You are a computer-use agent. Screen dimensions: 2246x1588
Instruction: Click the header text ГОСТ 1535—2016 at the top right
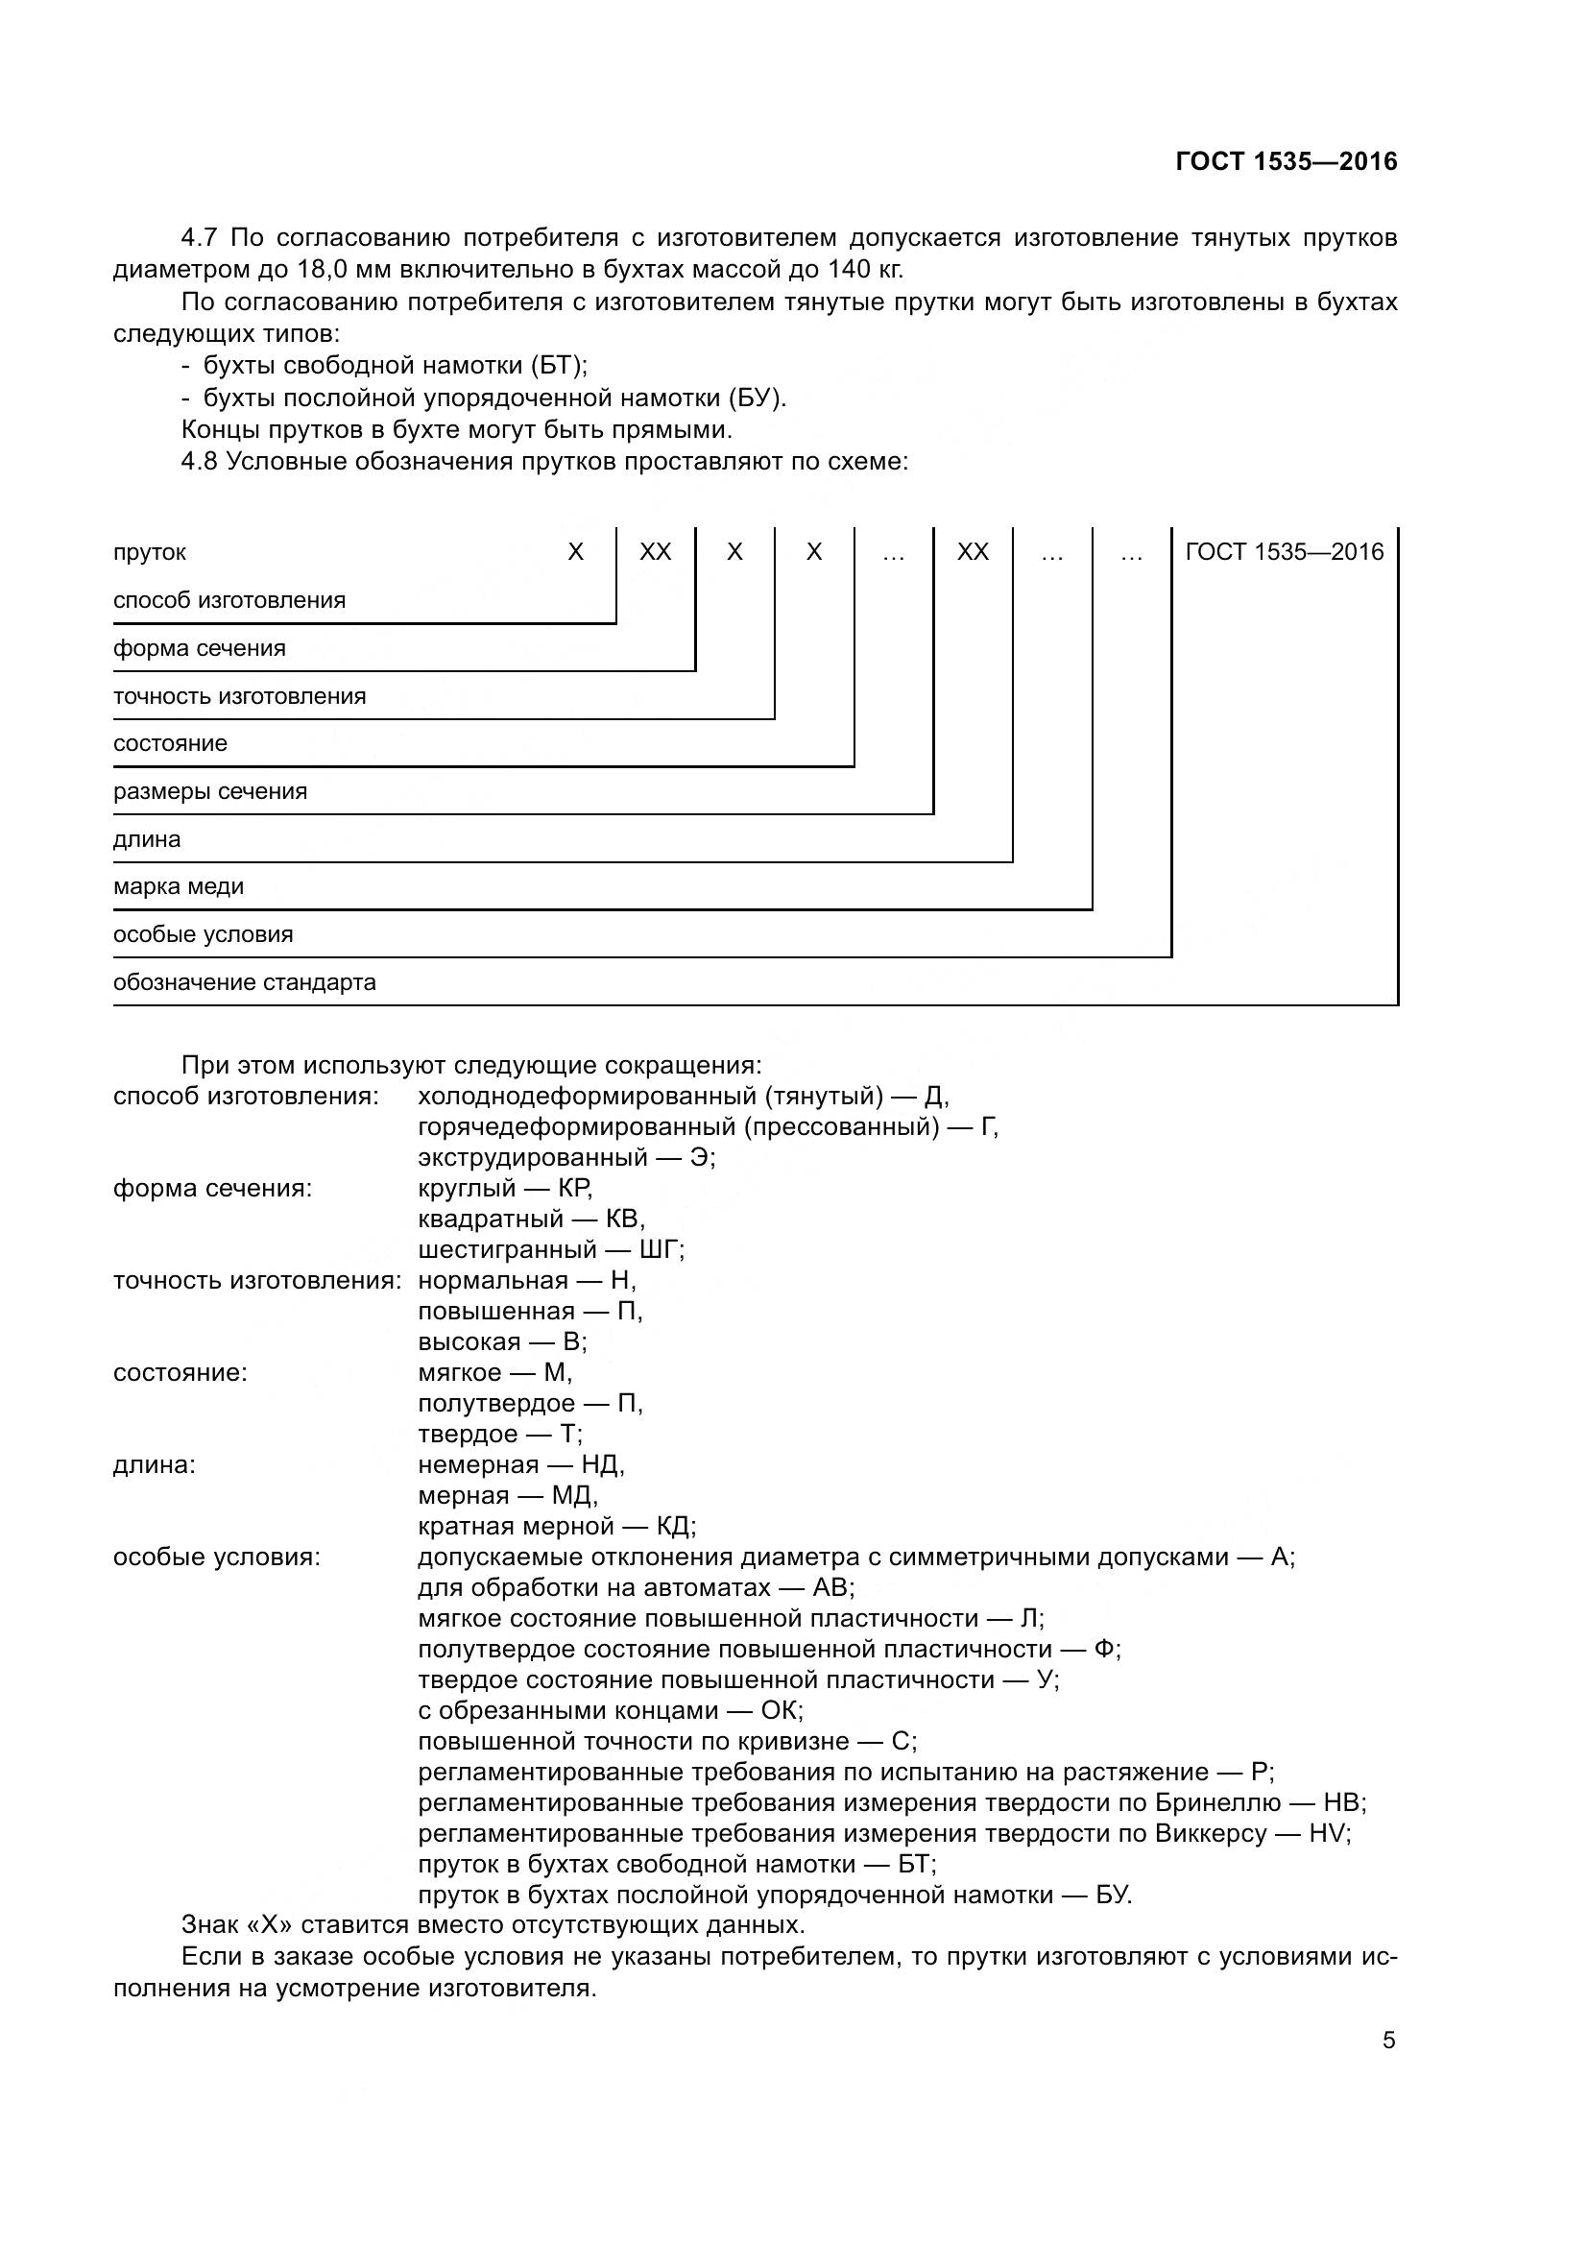1286,161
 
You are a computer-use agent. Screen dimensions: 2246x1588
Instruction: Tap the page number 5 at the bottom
1388,2041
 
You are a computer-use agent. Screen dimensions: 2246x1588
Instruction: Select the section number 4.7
202,238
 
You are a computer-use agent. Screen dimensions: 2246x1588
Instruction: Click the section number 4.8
202,462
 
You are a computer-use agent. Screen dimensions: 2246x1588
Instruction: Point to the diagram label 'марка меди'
179,887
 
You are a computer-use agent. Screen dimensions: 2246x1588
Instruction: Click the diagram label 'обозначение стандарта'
245,982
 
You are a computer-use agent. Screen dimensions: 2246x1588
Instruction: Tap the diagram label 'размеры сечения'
210,791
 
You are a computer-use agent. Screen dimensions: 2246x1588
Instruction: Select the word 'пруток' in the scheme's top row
150,553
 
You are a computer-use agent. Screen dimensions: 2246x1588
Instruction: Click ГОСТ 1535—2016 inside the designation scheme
1284,553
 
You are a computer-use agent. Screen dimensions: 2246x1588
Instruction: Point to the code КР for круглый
574,1189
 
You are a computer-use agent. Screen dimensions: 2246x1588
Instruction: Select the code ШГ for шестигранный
660,1250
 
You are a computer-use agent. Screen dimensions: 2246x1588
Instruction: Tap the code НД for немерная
601,1464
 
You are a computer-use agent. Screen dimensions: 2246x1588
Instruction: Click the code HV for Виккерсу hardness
1327,1833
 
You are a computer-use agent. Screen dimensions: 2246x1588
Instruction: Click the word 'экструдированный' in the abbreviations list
533,1158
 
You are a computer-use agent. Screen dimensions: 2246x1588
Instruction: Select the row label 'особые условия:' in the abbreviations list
217,1558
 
